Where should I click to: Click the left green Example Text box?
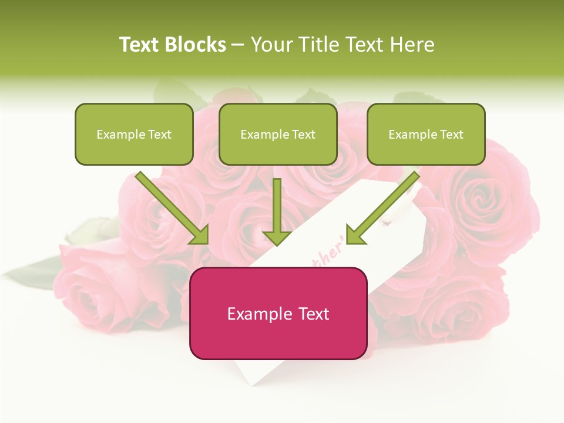pos(134,134)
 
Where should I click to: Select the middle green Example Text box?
pos(278,134)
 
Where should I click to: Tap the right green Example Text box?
pos(426,134)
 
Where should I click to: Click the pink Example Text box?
pos(278,313)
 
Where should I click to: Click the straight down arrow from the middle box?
pos(277,209)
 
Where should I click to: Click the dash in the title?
pos(238,45)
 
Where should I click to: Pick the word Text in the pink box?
pos(313,314)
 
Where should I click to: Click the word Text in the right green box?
pos(451,135)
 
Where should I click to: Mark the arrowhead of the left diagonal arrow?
pos(200,235)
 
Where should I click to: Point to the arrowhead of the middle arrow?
pos(277,237)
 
